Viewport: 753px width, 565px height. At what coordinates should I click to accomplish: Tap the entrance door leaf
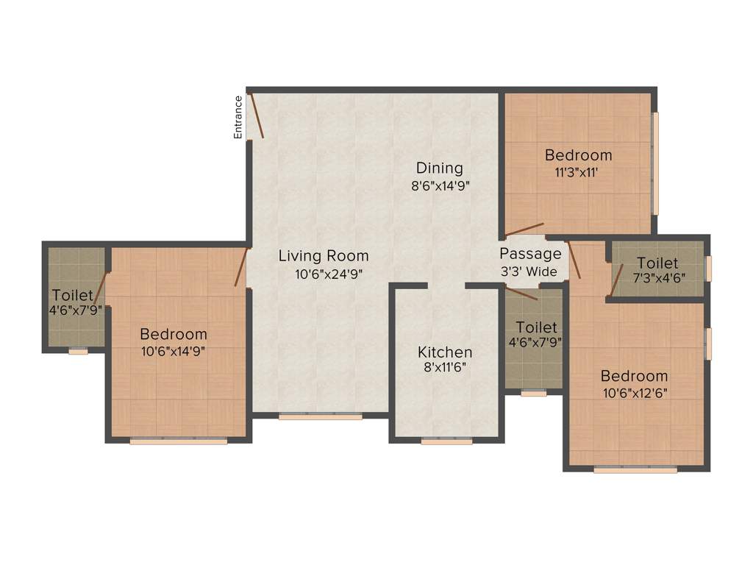(x=257, y=115)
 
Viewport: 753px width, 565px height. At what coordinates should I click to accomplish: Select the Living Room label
(x=324, y=256)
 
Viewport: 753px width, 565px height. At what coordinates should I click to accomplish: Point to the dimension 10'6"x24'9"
(x=324, y=274)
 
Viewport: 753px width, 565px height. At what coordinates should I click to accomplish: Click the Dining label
(x=440, y=168)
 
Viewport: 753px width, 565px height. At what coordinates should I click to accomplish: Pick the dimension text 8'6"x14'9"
(x=440, y=186)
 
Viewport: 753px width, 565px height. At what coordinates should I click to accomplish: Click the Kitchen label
(x=445, y=352)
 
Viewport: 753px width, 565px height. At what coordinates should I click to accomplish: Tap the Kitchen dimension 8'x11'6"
(x=445, y=369)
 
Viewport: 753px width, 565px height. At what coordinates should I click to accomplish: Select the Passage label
(x=531, y=254)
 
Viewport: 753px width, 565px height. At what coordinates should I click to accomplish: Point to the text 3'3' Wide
(x=531, y=271)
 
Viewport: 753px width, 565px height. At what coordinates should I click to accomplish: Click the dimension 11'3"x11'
(x=578, y=173)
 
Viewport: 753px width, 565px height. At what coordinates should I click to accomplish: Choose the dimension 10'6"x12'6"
(x=633, y=393)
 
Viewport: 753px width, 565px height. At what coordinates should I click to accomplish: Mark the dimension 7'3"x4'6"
(x=657, y=280)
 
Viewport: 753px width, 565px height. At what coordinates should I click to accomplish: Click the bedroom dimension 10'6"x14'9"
(x=174, y=351)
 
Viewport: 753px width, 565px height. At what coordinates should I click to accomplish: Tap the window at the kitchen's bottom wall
(x=446, y=441)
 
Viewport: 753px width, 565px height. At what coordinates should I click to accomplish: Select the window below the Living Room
(x=321, y=416)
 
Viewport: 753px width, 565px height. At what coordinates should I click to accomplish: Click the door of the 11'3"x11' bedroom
(x=524, y=230)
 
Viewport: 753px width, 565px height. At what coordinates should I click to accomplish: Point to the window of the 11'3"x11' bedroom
(x=655, y=162)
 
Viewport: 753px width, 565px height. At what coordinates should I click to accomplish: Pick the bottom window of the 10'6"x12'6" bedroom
(x=635, y=469)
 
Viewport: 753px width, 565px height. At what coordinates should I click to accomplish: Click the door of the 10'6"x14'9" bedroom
(x=240, y=267)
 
